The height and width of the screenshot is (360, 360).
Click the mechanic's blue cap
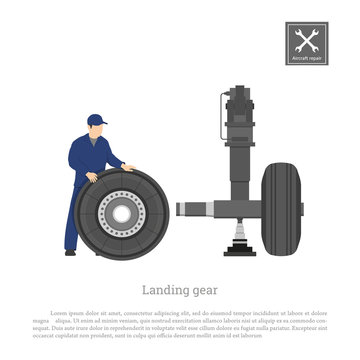96,119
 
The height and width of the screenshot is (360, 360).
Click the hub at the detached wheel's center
121,213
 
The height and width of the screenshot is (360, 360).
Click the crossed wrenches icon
305,39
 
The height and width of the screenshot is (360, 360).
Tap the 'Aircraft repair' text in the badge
305,59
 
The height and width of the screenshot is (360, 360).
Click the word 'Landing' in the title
160,289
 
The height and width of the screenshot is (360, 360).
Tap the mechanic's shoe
70,252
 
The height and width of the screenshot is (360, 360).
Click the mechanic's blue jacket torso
85,155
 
